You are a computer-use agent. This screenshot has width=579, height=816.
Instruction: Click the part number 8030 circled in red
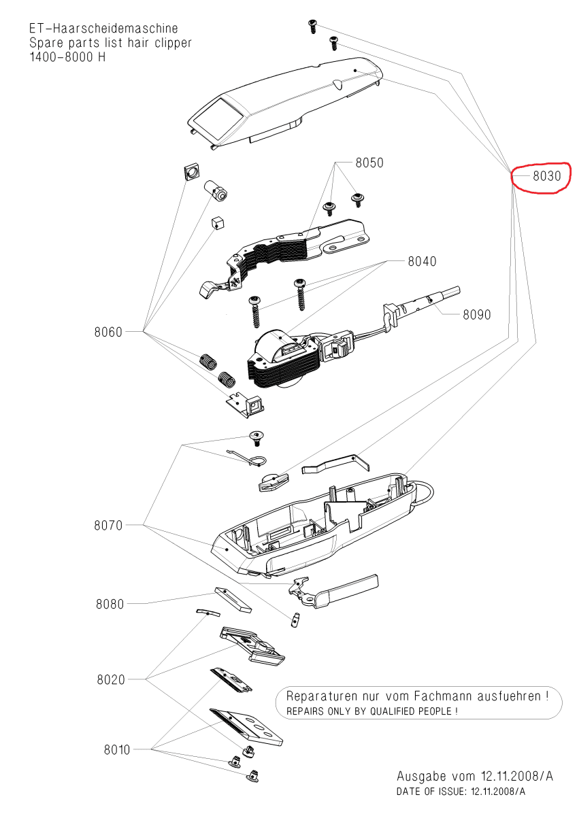[546, 176]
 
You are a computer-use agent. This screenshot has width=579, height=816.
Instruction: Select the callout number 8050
[369, 163]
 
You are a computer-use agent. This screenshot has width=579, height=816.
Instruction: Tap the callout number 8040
[422, 261]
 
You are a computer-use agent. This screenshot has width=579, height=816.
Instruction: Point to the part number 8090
[476, 315]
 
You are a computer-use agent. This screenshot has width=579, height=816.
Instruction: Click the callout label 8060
[108, 332]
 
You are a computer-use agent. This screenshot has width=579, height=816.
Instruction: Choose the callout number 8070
[108, 525]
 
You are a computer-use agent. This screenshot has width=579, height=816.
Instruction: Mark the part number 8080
[110, 604]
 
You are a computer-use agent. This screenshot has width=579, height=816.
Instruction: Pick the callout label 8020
[110, 679]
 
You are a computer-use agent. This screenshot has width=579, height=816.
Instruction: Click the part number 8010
[116, 749]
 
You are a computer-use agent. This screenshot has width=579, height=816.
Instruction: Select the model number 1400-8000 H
[67, 56]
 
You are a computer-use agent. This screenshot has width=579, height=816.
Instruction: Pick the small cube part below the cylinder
[217, 222]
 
